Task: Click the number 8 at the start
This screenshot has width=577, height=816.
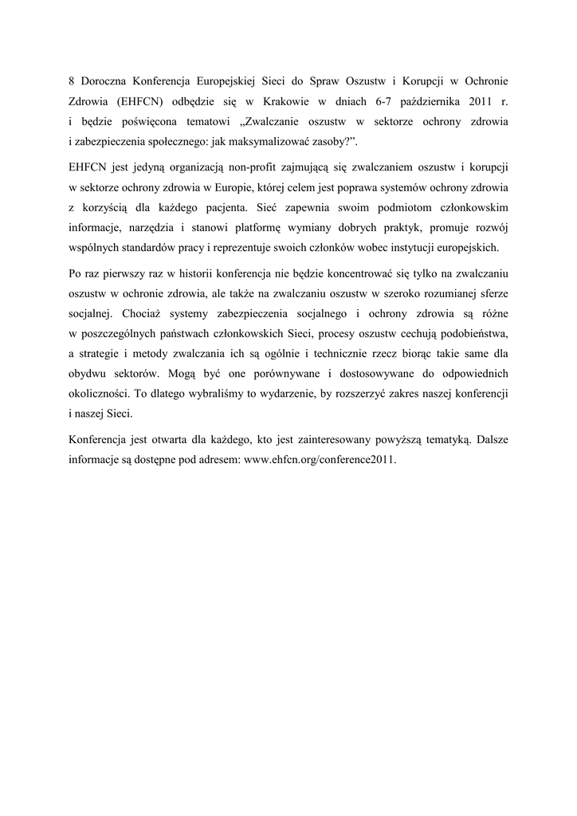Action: pyautogui.click(x=72, y=81)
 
